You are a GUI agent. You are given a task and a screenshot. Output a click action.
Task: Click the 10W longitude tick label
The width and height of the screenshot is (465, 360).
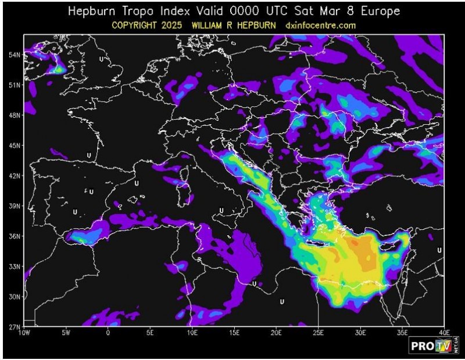click(x=24, y=333)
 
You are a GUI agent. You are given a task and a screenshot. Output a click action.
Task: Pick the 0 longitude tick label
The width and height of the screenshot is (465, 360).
click(x=108, y=333)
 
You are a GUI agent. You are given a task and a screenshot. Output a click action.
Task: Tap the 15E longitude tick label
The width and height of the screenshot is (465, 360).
click(x=234, y=333)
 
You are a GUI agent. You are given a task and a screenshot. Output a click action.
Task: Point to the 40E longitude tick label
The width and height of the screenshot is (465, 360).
click(x=443, y=333)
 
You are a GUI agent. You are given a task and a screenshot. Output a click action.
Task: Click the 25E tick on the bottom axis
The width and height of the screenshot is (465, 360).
click(x=318, y=333)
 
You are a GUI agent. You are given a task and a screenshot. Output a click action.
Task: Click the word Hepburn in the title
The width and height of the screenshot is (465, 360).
click(x=92, y=12)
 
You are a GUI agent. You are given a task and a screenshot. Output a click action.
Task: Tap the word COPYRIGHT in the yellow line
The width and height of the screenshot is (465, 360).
click(x=137, y=26)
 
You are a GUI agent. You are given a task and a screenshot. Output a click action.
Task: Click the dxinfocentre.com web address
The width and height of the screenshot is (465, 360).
click(x=320, y=26)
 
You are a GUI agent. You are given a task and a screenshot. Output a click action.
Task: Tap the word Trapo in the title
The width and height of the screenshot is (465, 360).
click(x=139, y=12)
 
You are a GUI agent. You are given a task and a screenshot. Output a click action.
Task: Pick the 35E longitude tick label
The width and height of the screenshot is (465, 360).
click(x=402, y=333)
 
